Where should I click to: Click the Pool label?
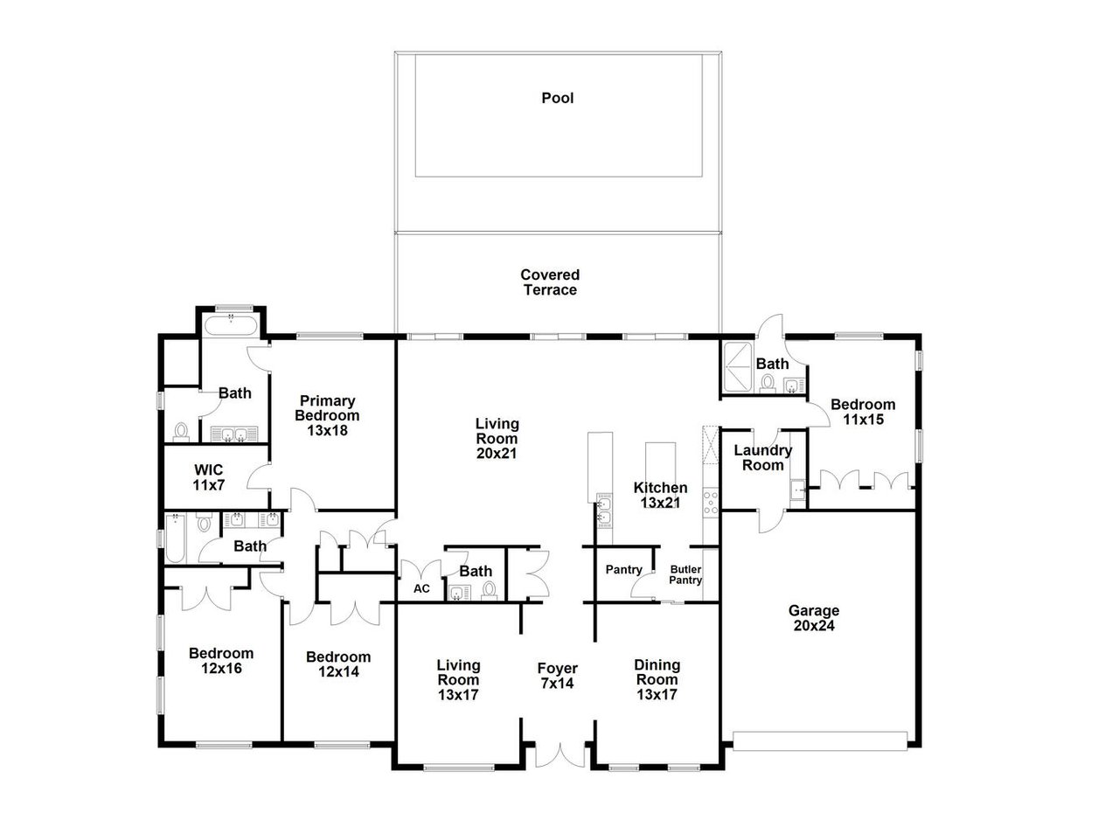558,98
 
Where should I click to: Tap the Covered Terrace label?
550,282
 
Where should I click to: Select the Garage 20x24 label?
814,618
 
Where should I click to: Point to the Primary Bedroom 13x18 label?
327,415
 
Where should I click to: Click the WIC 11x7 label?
207,476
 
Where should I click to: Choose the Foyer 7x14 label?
556,677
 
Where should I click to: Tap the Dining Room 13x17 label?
657,680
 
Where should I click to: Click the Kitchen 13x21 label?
660,495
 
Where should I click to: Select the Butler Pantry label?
686,574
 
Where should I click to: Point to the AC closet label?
421,588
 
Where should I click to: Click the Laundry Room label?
763,458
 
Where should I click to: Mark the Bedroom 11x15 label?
863,412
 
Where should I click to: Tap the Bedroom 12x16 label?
221,661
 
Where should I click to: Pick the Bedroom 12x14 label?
338,664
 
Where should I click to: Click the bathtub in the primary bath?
230,327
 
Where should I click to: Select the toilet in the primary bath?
182,431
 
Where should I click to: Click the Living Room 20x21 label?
497,439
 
